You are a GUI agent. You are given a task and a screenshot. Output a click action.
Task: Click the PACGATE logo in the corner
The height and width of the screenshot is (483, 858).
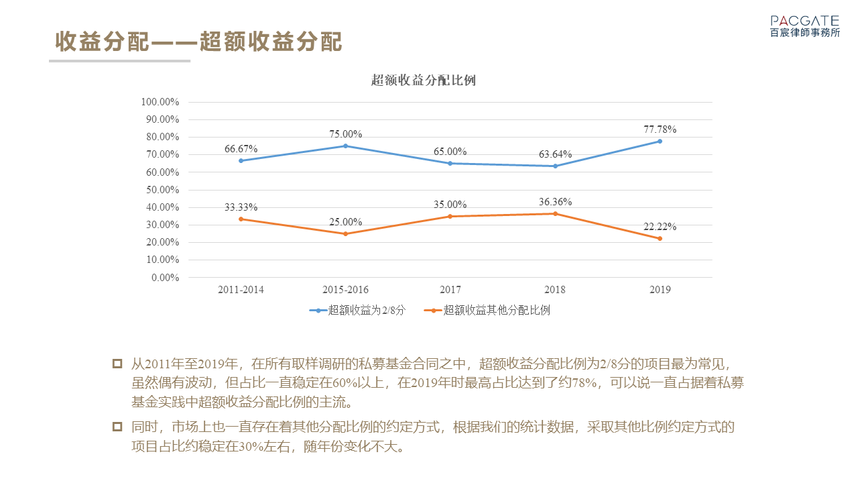804,26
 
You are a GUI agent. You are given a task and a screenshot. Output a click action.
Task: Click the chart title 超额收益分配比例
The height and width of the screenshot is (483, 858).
424,80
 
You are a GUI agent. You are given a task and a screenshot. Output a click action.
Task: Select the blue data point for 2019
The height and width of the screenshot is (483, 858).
660,141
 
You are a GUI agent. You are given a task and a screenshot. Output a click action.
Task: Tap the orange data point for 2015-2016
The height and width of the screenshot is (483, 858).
345,233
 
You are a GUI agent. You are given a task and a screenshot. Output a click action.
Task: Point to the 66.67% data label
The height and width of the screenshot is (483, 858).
241,148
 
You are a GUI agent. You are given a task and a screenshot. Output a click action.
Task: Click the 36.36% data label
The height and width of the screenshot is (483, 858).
555,202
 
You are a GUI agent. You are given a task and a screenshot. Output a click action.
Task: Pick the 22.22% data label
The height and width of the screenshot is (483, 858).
660,227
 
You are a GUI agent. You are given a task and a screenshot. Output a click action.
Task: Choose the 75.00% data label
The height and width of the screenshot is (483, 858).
345,134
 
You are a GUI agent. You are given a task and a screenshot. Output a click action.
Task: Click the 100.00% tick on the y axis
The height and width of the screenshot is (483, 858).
160,102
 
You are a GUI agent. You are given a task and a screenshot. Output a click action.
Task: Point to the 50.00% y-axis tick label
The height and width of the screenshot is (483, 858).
162,190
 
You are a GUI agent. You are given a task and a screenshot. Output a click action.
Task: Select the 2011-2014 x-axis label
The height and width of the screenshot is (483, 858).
241,290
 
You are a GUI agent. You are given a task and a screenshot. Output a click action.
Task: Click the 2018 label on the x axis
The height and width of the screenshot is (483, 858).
555,290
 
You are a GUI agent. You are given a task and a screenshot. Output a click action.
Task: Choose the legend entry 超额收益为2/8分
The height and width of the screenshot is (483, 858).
357,311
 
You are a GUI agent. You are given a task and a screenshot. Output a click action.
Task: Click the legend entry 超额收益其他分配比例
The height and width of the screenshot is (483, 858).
489,311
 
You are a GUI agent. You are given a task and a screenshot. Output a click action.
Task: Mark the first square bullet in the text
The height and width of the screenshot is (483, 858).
117,364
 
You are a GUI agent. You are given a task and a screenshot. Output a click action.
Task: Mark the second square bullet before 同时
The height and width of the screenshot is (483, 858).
117,427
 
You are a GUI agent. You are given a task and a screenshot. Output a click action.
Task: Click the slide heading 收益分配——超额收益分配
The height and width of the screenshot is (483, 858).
198,42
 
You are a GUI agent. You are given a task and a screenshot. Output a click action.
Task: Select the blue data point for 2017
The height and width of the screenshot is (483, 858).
450,163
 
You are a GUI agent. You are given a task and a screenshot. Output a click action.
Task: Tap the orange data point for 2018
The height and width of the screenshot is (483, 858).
555,213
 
